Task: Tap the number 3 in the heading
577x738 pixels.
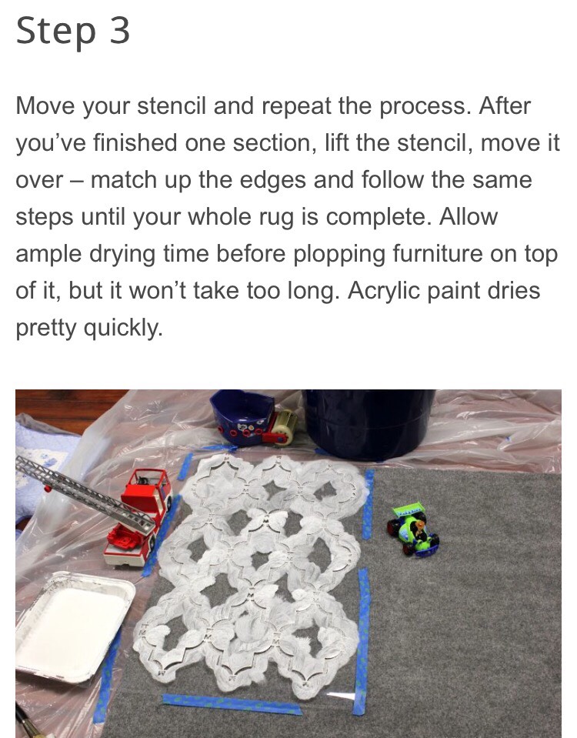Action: pyautogui.click(x=118, y=31)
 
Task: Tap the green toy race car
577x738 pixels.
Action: pyautogui.click(x=414, y=529)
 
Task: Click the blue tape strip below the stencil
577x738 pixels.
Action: pyautogui.click(x=231, y=703)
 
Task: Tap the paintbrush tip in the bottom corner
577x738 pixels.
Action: pyautogui.click(x=23, y=727)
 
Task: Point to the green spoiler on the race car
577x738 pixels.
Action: pyautogui.click(x=408, y=509)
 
